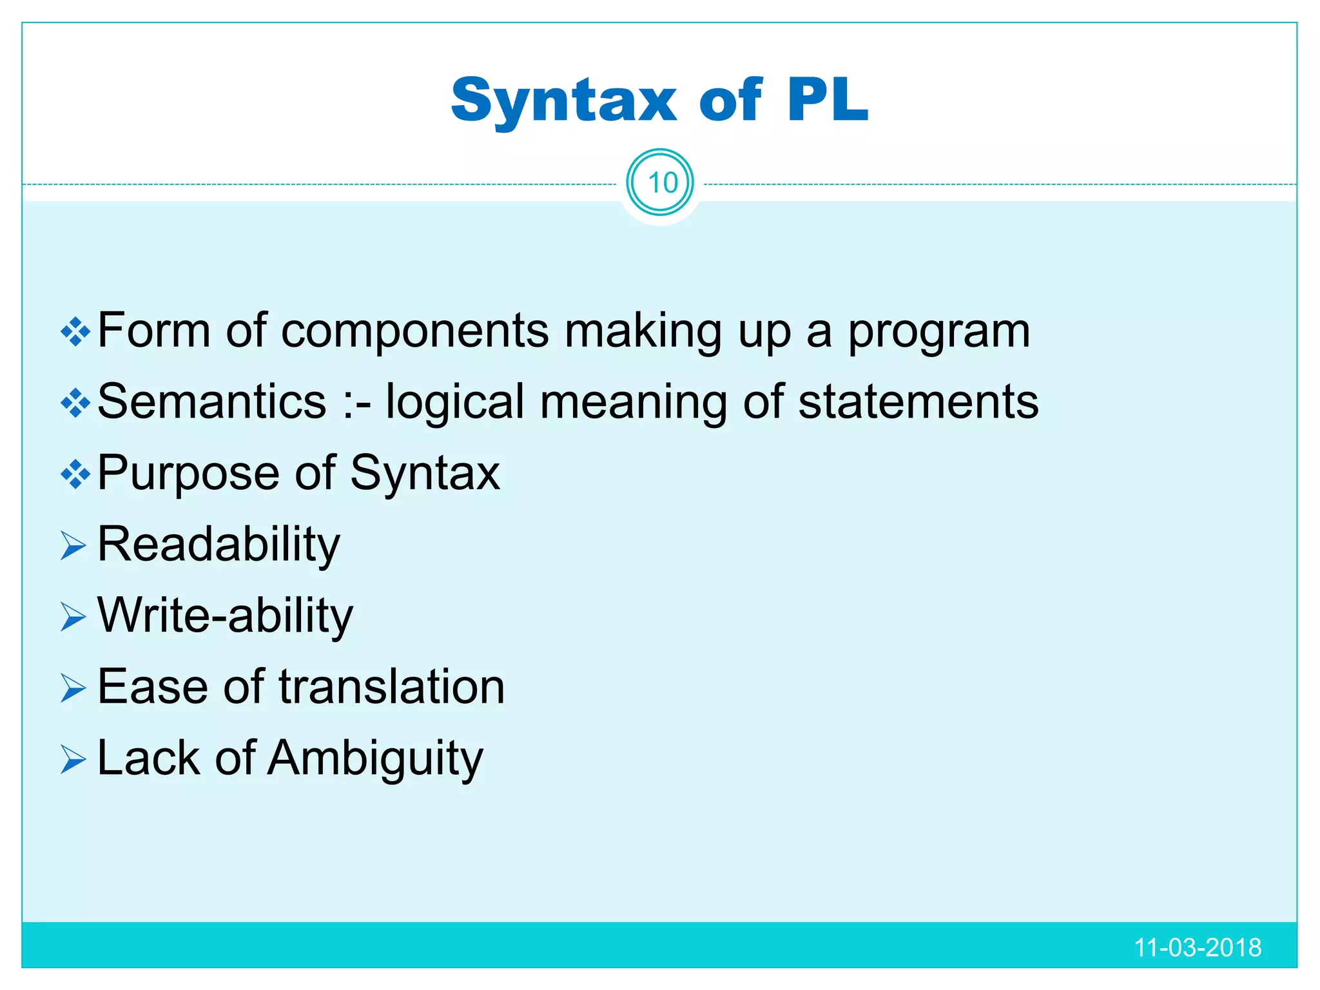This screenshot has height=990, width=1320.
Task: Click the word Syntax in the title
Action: click(563, 101)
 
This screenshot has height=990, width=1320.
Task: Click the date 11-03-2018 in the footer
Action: click(1197, 947)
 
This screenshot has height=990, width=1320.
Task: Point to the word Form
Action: click(154, 331)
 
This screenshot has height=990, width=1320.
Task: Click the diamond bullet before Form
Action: click(75, 332)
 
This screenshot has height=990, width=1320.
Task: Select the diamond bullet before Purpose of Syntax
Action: click(75, 475)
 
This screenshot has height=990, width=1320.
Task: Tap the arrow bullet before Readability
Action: click(73, 547)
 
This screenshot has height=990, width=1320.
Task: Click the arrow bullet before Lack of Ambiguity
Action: click(73, 759)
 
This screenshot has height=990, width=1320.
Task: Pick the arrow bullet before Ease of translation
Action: click(73, 688)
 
